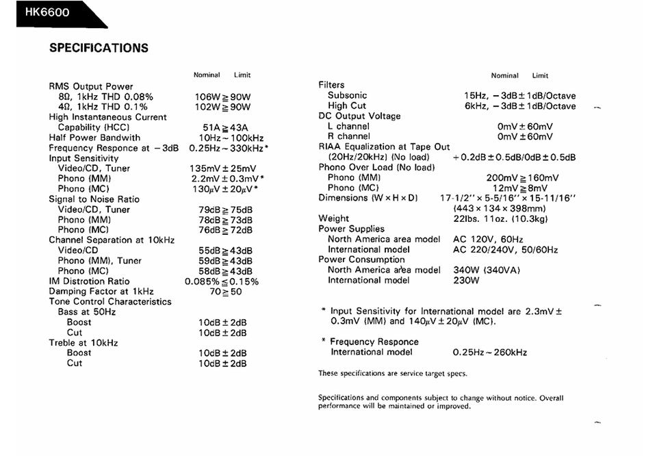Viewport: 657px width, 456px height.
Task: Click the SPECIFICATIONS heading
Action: pyautogui.click(x=99, y=48)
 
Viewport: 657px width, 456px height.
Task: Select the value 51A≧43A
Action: pyautogui.click(x=221, y=127)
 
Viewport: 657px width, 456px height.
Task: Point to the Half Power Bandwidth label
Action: pyautogui.click(x=94, y=138)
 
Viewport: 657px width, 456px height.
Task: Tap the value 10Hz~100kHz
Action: pyautogui.click(x=221, y=138)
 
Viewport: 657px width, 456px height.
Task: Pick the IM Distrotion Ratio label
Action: pyautogui.click(x=89, y=281)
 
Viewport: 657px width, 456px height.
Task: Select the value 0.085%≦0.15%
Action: pyautogui.click(x=222, y=281)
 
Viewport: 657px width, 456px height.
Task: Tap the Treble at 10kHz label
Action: pyautogui.click(x=83, y=342)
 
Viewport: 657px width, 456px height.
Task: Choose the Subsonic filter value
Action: pyautogui.click(x=519, y=96)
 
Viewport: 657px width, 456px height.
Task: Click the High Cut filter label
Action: pyautogui.click(x=347, y=106)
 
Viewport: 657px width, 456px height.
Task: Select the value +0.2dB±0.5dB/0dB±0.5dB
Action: pyautogui.click(x=514, y=157)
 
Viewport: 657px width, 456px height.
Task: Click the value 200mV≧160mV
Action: pyautogui.click(x=522, y=178)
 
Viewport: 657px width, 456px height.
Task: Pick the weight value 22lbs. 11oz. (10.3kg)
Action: pyautogui.click(x=500, y=219)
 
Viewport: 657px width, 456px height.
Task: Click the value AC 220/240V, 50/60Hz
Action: pyautogui.click(x=505, y=250)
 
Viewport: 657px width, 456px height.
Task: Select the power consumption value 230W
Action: pyautogui.click(x=467, y=280)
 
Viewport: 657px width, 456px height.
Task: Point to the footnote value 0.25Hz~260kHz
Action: pyautogui.click(x=489, y=353)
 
